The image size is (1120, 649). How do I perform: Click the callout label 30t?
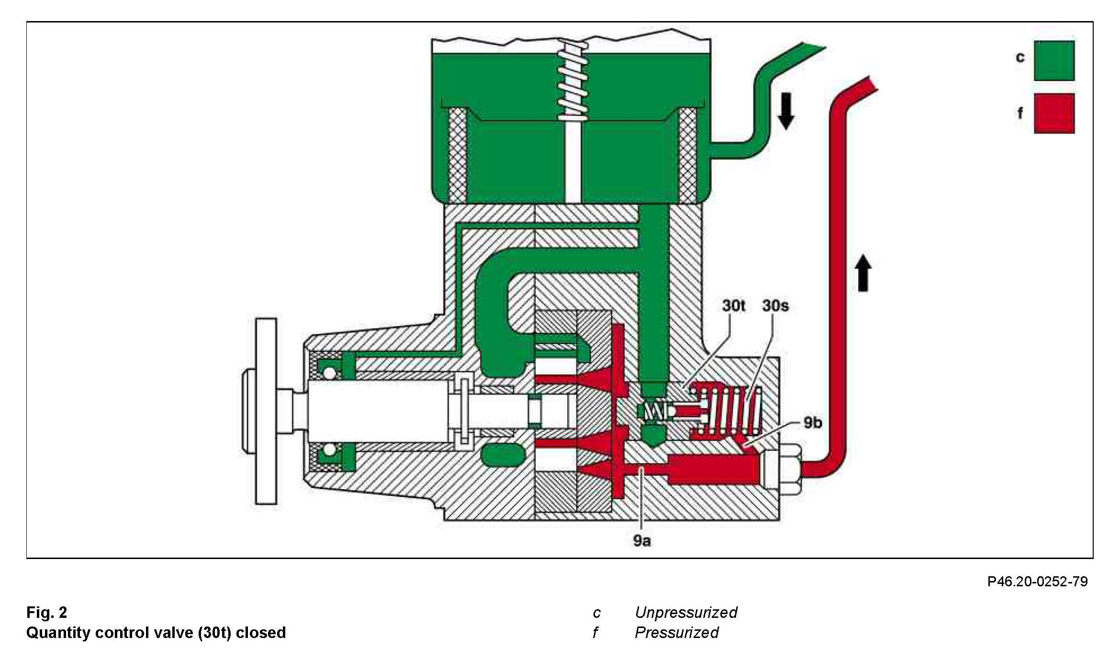point(733,305)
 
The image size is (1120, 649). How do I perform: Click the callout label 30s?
point(775,305)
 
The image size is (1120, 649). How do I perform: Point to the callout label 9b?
point(812,423)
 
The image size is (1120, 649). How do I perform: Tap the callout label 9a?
point(641,541)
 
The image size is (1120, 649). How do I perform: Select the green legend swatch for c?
point(1054,60)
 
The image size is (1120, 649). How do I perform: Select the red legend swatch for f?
point(1054,113)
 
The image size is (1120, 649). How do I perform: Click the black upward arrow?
point(863,273)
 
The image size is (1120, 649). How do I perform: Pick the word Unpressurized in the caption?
point(685,612)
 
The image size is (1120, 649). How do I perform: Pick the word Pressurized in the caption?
point(676,632)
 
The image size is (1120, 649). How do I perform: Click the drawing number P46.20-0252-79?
point(1037,582)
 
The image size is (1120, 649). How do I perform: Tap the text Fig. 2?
point(46,612)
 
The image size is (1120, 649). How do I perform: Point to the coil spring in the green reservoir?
point(572,81)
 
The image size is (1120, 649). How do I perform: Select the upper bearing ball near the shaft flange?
point(328,372)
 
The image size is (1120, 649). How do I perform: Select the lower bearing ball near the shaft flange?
point(328,450)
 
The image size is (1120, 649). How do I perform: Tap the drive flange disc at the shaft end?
point(266,411)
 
